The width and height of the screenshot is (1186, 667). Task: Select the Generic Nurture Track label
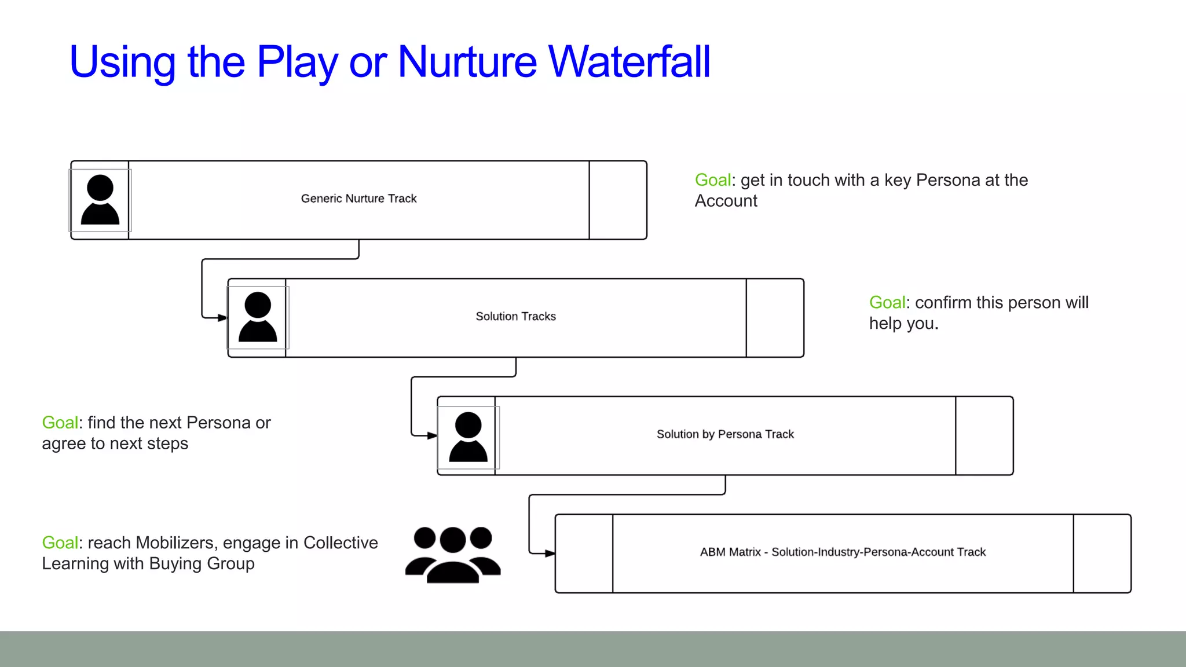tap(358, 199)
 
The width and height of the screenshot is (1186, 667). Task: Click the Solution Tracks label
tap(515, 317)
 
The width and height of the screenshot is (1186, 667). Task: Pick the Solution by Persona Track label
tap(725, 434)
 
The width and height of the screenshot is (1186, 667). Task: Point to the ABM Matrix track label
tap(843, 552)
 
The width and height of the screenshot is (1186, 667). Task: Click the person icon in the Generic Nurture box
tap(100, 200)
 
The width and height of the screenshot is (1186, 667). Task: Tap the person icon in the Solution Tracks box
tap(258, 317)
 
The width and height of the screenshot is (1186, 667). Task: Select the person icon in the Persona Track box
tap(468, 437)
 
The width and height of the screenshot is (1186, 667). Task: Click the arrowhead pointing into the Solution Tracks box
tap(222, 317)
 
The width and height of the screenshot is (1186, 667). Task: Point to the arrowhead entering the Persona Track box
tap(432, 435)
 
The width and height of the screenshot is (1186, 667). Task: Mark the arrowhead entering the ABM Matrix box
tap(550, 554)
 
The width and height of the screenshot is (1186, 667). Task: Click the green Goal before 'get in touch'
tap(712, 180)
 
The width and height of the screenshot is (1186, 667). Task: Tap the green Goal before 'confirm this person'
tap(887, 303)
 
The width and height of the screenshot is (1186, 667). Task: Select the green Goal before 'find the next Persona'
tap(60, 423)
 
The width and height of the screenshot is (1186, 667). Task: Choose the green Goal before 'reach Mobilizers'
tap(60, 543)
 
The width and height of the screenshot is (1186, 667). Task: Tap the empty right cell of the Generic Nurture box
tap(618, 200)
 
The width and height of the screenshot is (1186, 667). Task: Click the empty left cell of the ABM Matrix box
tap(584, 554)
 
